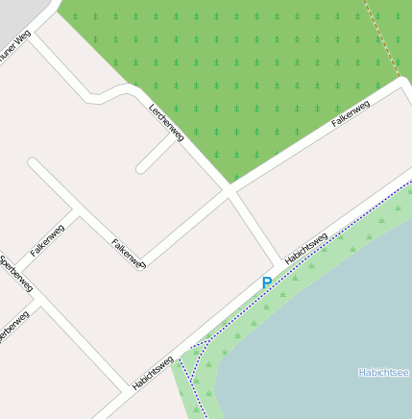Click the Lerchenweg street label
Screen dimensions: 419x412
tap(165, 122)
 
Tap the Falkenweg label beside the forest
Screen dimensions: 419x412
tap(351, 114)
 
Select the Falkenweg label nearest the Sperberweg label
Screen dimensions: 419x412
tap(47, 239)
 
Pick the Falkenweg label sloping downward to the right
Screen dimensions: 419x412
tap(127, 253)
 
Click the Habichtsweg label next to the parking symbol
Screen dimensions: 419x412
tap(306, 247)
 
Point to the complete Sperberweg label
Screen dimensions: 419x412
tap(16, 274)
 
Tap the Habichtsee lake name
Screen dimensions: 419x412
tap(383, 372)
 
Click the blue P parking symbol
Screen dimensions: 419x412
tap(267, 283)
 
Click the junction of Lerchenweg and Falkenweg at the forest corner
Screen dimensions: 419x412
tap(229, 191)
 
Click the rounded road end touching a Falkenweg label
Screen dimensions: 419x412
tap(140, 264)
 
